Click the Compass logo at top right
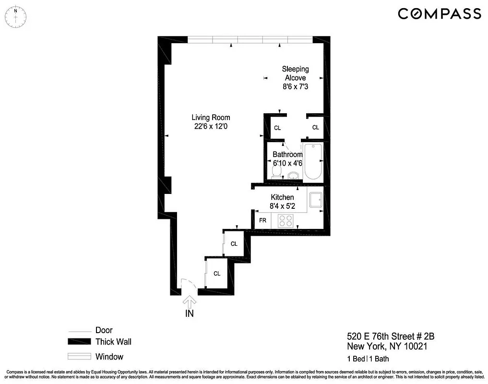pos(439,13)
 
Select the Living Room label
pos(211,117)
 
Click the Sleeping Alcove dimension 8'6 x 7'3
pos(295,87)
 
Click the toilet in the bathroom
pos(276,172)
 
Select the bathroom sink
pos(294,175)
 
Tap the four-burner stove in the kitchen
pos(286,220)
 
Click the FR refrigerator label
pos(262,220)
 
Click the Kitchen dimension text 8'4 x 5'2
pos(282,207)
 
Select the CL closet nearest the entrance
pos(217,274)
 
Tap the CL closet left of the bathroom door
pos(277,128)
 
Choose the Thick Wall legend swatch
pos(79,342)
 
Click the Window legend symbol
pos(79,357)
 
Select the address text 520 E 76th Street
pos(387,336)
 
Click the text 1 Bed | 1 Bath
pos(368,359)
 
